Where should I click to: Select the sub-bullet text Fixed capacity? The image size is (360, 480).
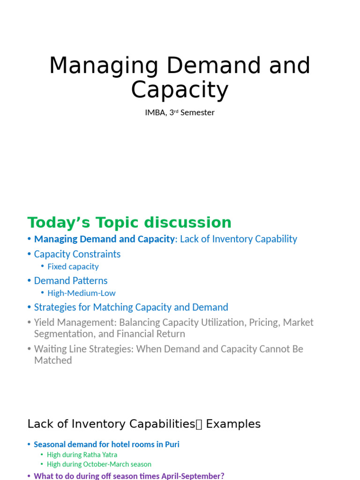[x=73, y=267]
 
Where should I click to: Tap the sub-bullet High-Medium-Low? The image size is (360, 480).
[x=82, y=293]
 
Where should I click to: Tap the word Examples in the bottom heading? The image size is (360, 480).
[x=233, y=424]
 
